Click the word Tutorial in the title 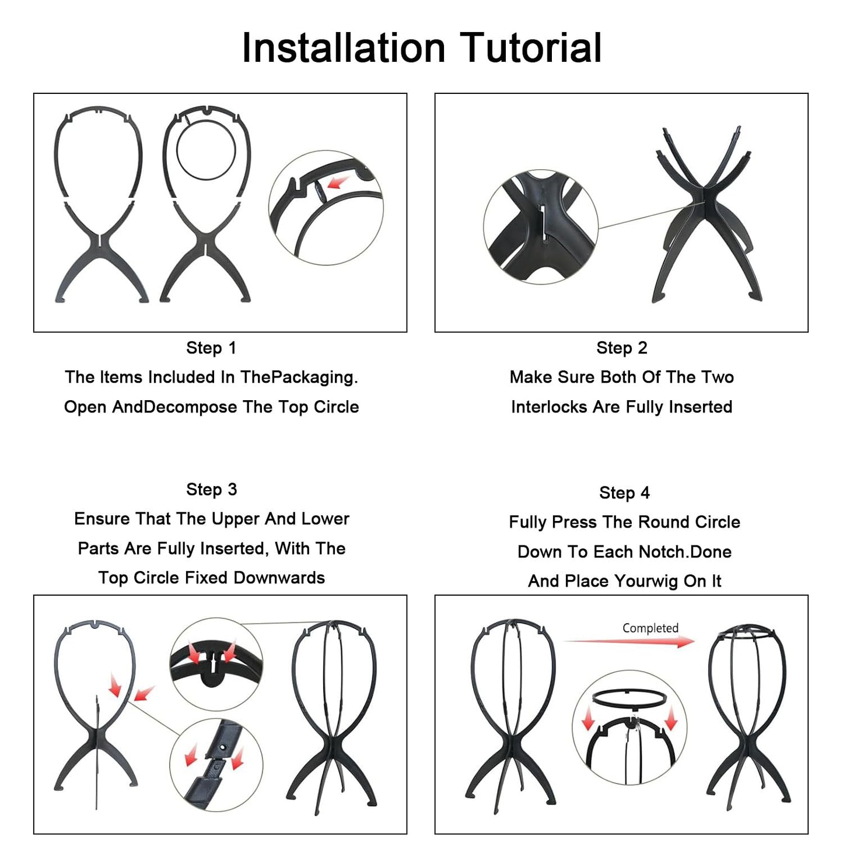coord(531,47)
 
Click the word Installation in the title coord(344,47)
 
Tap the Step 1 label coord(211,348)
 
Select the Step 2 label coord(622,348)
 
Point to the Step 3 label coord(211,489)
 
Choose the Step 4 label coord(625,493)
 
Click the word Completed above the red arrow coord(650,628)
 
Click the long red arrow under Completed coord(629,642)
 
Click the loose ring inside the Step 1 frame coord(206,150)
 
